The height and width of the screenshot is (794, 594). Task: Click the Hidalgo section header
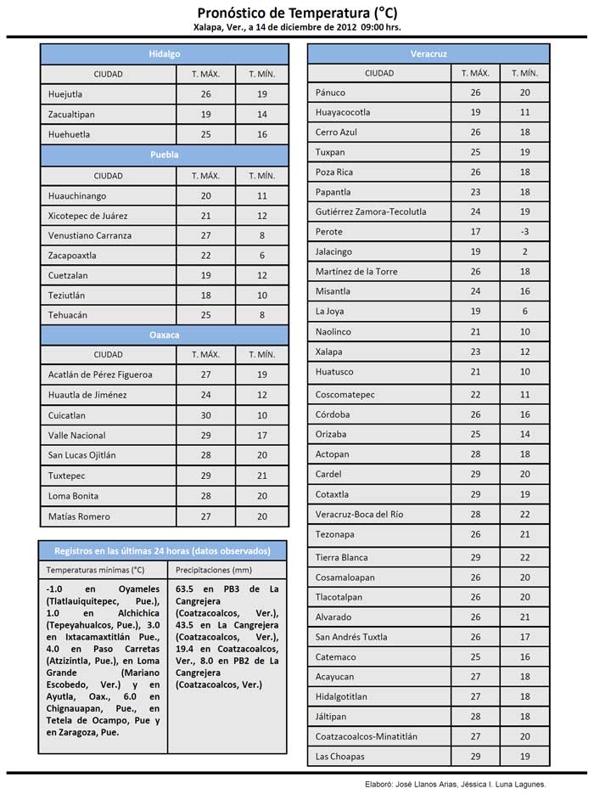165,53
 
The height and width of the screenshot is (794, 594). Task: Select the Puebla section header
165,155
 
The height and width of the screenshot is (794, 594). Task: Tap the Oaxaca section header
165,335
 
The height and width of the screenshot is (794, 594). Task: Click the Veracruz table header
429,53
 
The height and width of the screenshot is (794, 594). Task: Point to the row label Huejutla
65,94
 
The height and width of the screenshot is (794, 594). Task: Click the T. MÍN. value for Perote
525,232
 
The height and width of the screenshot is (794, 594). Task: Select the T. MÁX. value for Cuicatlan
205,415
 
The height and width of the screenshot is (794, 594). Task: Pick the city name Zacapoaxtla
72,255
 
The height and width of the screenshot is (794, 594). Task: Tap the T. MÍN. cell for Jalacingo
525,251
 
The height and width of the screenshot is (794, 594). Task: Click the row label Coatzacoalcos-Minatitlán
366,736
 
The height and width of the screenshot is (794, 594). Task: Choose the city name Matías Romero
79,516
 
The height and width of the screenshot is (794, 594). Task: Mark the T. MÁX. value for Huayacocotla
475,112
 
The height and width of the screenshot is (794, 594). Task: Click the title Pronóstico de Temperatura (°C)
297,13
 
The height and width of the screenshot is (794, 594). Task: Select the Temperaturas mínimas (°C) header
95,570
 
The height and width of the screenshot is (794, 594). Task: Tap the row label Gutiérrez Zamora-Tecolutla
371,211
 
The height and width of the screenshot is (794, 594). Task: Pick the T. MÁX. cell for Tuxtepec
205,476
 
